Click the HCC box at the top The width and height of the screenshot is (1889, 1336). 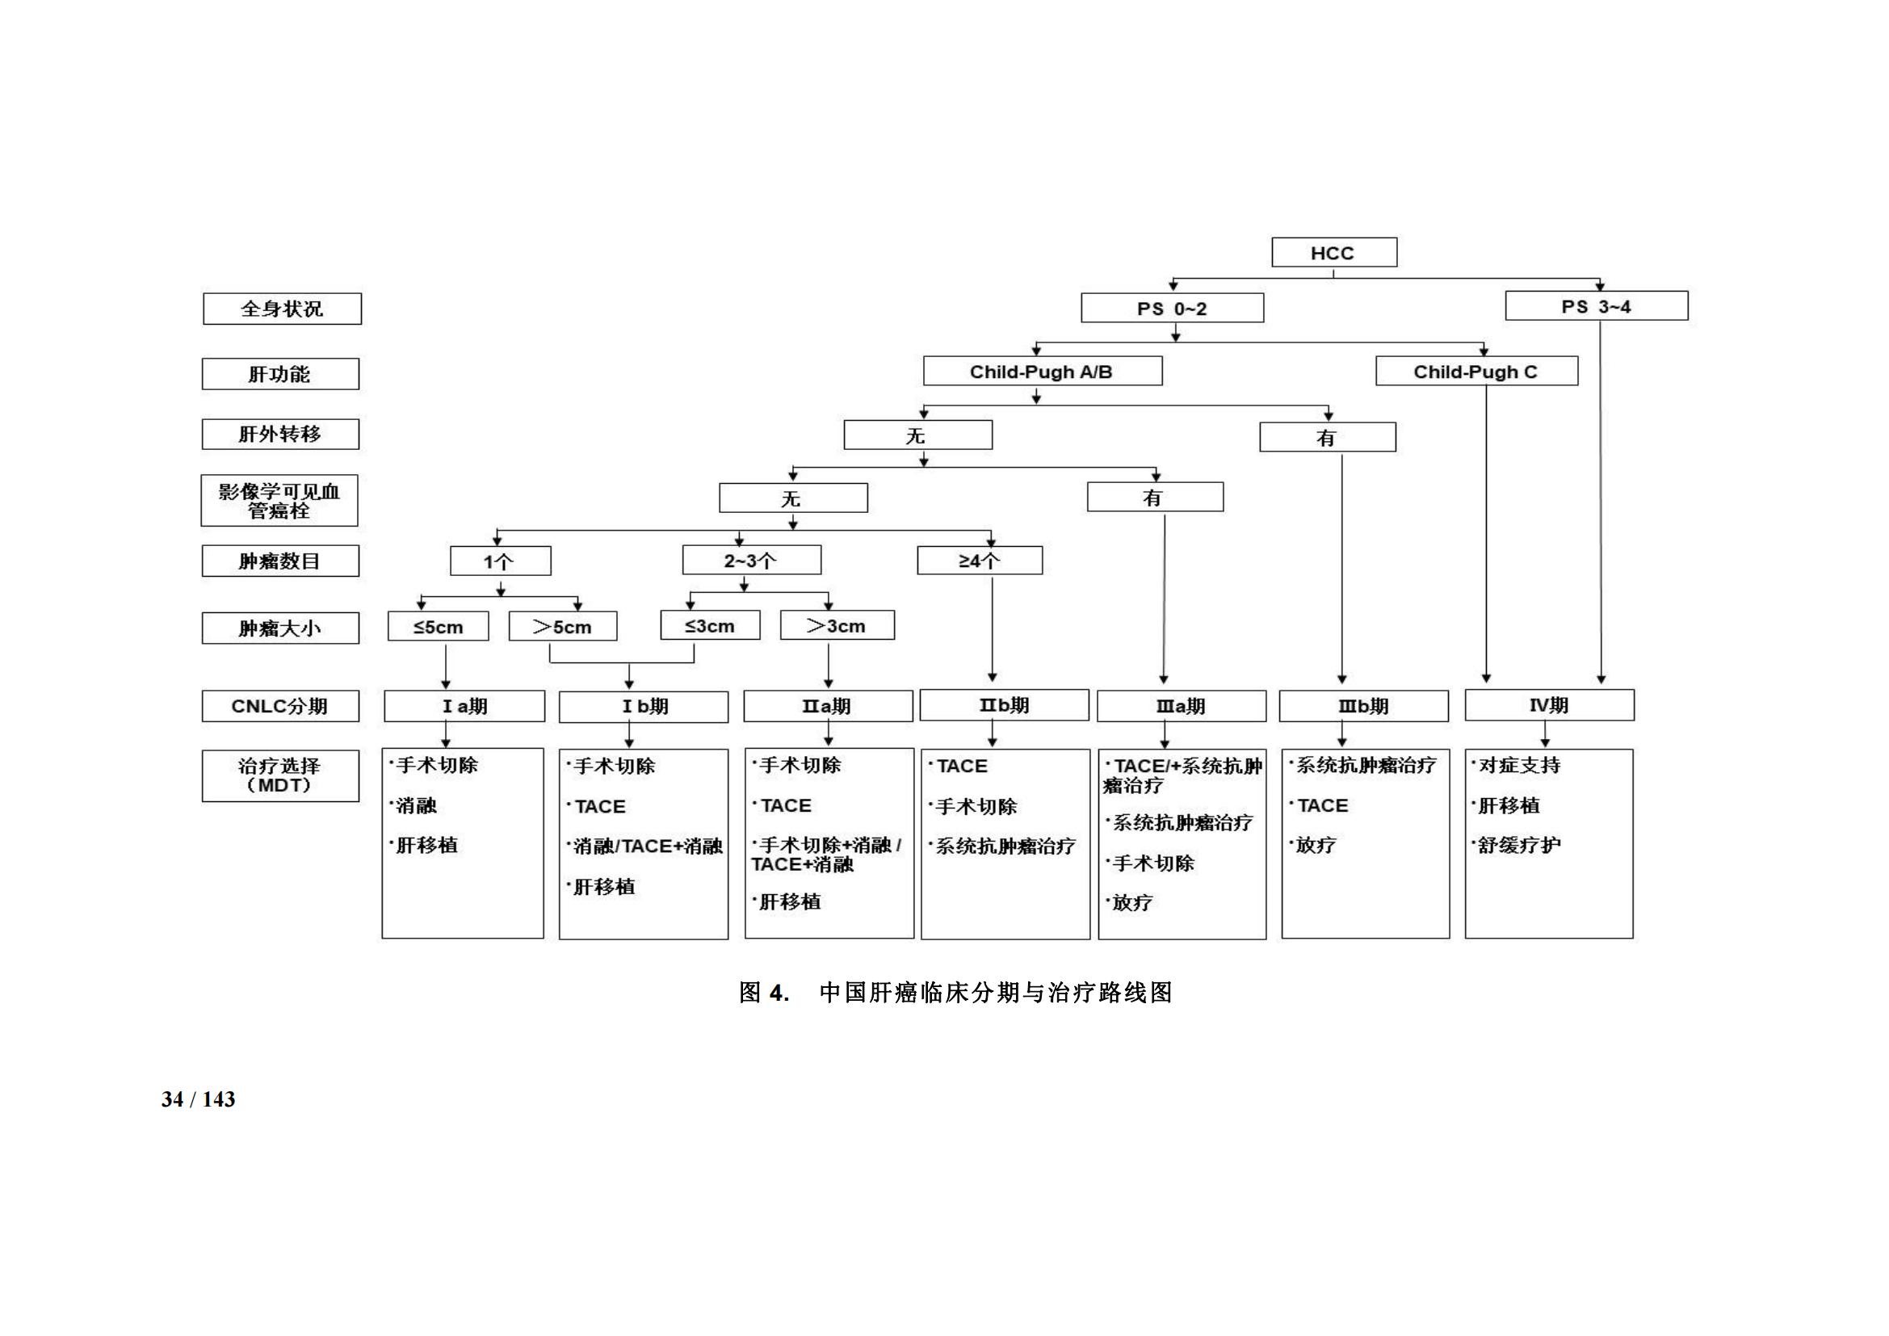pos(1333,253)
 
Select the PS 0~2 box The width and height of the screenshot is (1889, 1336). pos(1173,309)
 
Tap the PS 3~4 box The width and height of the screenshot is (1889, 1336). pos(1596,306)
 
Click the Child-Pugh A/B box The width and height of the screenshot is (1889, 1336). pos(1043,371)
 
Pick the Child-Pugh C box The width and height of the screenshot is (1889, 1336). pos(1476,371)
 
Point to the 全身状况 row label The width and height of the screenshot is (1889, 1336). pos(282,309)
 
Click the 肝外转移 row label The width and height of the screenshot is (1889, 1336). pos(280,434)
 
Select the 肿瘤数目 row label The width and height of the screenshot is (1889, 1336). pos(280,561)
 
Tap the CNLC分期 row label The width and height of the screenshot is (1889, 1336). pos(280,706)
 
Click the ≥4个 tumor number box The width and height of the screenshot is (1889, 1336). pos(980,561)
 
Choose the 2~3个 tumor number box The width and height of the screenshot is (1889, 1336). pos(751,561)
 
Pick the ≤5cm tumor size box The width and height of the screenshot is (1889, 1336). pos(439,626)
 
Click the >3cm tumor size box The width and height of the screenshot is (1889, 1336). pos(837,625)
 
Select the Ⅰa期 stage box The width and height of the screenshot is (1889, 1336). pos(464,706)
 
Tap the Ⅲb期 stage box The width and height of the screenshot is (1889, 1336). pos(1363,706)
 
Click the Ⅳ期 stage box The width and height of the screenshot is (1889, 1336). pos(1549,705)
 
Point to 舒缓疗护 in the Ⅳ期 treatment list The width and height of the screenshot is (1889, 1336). pos(1519,845)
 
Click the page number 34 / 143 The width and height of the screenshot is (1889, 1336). pos(199,1099)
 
